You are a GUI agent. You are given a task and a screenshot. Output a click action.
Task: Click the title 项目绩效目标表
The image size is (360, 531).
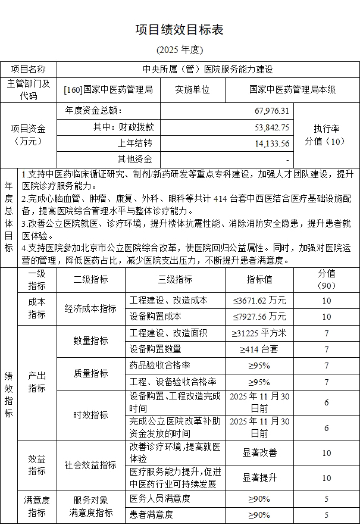(179, 30)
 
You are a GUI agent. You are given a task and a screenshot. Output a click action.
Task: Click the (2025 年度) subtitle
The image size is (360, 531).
(179, 49)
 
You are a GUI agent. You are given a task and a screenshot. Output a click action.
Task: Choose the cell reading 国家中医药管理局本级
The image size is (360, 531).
(293, 89)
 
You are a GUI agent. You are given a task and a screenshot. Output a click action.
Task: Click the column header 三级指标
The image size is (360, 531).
(175, 279)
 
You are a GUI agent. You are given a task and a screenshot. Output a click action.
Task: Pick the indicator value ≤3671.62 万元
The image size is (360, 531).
(259, 301)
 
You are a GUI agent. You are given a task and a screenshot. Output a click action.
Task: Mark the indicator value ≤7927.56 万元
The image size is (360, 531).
(259, 316)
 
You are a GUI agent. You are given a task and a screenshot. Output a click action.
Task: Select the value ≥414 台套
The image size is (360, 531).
(259, 349)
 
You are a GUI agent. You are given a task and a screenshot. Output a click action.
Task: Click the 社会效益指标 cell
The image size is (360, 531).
(90, 465)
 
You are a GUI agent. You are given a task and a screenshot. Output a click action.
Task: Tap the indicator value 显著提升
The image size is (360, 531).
(259, 477)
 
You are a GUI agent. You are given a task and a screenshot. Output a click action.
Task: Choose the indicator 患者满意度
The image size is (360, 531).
(151, 514)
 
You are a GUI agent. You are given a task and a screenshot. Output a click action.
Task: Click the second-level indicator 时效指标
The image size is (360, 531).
(90, 415)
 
